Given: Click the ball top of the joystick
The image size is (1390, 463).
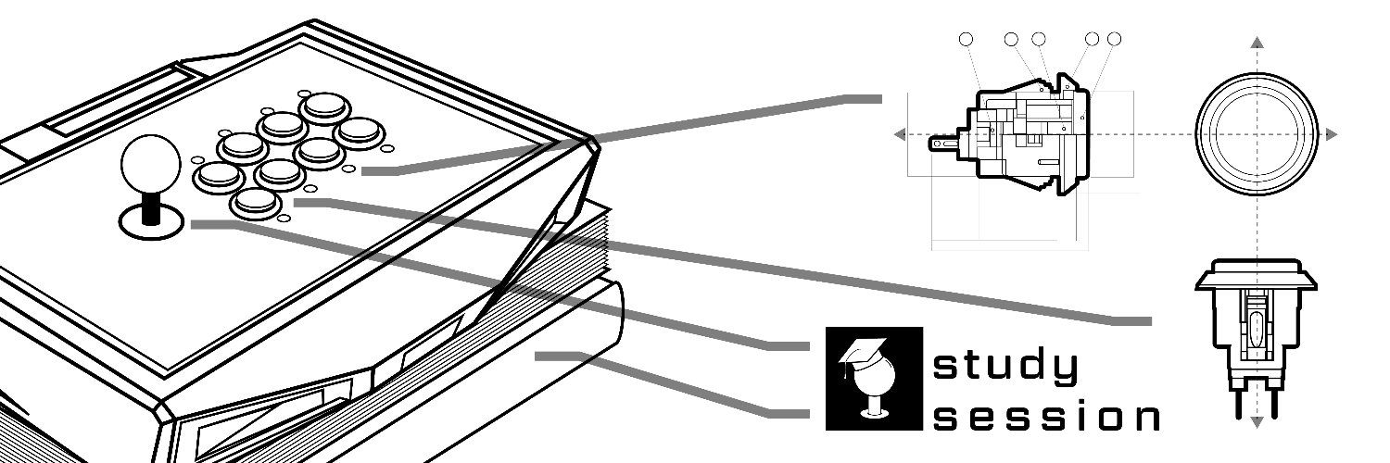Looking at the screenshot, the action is (x=150, y=164).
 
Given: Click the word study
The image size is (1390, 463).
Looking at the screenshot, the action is (x=1005, y=365).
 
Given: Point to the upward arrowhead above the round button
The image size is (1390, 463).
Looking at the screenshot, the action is (x=1257, y=43).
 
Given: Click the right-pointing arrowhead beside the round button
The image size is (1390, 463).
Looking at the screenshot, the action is (x=1331, y=134).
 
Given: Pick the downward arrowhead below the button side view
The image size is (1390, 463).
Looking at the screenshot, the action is (x=1257, y=422).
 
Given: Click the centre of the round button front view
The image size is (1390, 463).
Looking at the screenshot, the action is (x=1257, y=134).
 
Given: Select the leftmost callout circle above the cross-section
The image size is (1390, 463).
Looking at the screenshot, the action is (x=967, y=39).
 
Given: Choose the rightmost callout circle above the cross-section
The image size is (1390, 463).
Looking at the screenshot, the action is (x=1115, y=39).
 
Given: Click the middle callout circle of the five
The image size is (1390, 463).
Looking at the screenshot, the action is (x=1039, y=39).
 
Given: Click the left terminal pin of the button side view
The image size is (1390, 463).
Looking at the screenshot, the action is (x=1238, y=402).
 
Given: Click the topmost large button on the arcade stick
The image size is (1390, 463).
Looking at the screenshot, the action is (x=325, y=106).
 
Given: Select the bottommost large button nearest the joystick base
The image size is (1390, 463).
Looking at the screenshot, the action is (x=256, y=202).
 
